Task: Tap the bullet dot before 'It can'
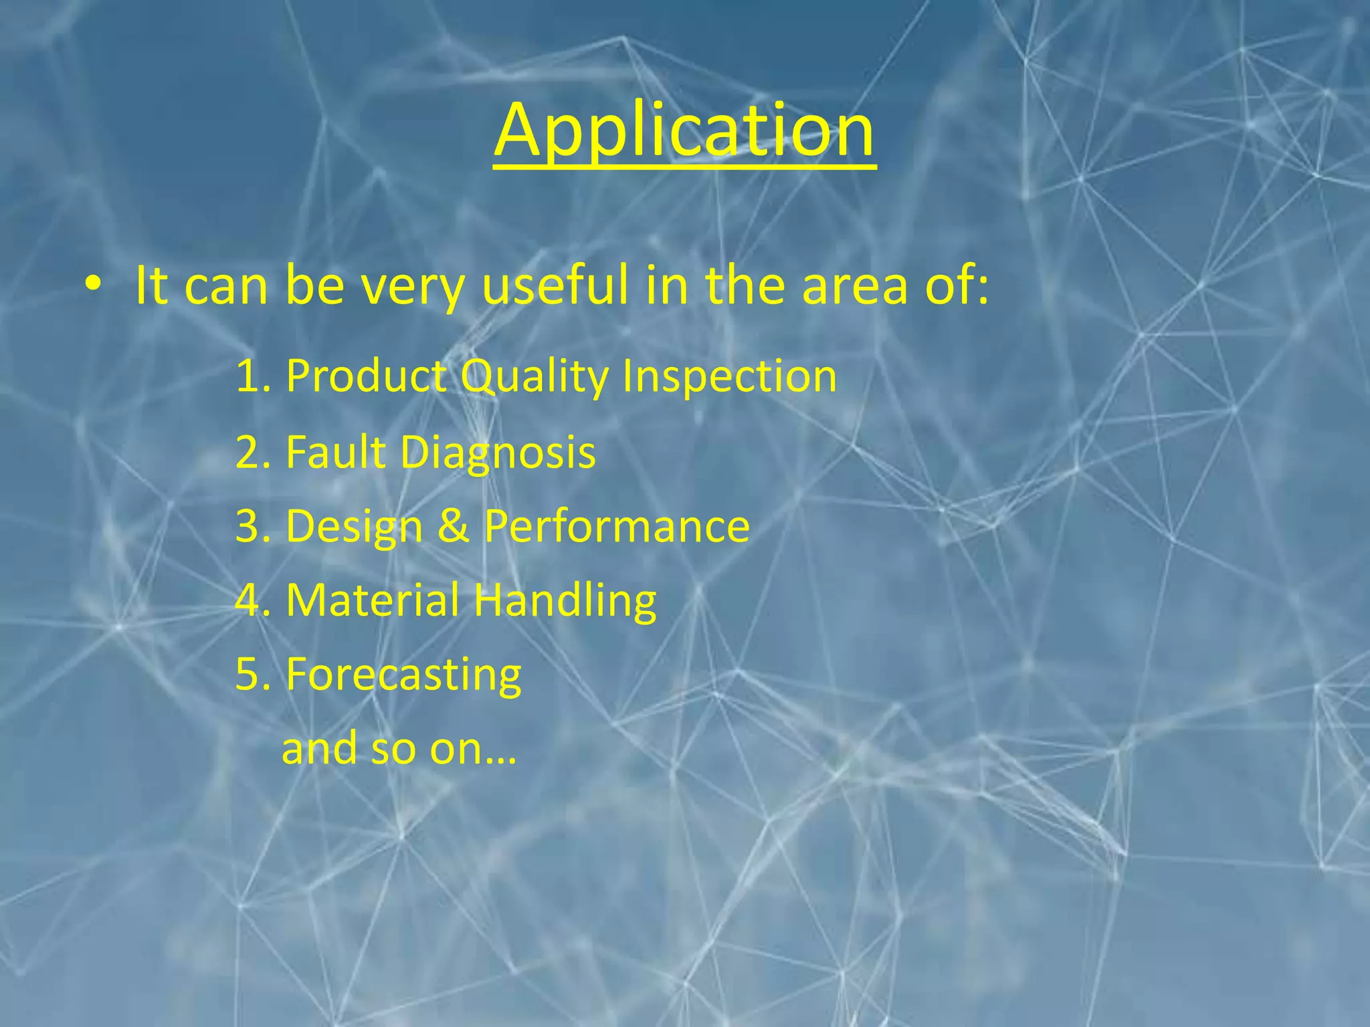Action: coord(93,286)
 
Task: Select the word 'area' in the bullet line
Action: coord(854,286)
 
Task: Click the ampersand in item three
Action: coord(454,526)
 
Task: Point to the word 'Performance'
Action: coord(616,527)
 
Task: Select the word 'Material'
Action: coord(373,600)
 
